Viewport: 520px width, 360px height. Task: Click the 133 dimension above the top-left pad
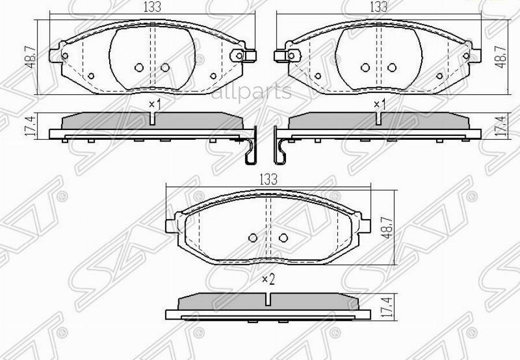point(153,7)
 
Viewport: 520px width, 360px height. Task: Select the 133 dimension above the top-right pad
point(378,7)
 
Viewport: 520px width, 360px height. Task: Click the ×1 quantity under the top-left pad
point(154,105)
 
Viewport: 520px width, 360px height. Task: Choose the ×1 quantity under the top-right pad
point(380,105)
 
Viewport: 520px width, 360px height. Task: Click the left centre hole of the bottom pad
point(252,237)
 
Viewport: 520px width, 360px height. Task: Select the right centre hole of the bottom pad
point(283,237)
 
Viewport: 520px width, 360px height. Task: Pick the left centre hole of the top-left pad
point(139,68)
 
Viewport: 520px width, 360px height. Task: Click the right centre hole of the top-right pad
point(392,68)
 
